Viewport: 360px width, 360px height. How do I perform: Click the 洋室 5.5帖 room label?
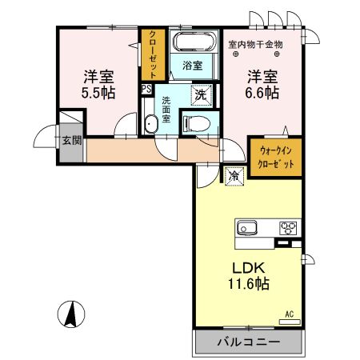pyautogui.click(x=99, y=84)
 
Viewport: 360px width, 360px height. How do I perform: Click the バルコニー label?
pyautogui.click(x=249, y=342)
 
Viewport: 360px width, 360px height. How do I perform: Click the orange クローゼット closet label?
pyautogui.click(x=151, y=54)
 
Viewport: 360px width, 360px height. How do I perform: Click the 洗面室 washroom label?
pyautogui.click(x=166, y=106)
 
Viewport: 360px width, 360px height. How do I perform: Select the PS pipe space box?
pyautogui.click(x=146, y=90)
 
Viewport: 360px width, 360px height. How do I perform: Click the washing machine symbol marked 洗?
pyautogui.click(x=203, y=94)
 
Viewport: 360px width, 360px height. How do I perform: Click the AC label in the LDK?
pyautogui.click(x=290, y=314)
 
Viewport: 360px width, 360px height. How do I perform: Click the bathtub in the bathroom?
pyautogui.click(x=193, y=44)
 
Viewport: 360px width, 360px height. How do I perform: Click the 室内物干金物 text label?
pyautogui.click(x=255, y=43)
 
